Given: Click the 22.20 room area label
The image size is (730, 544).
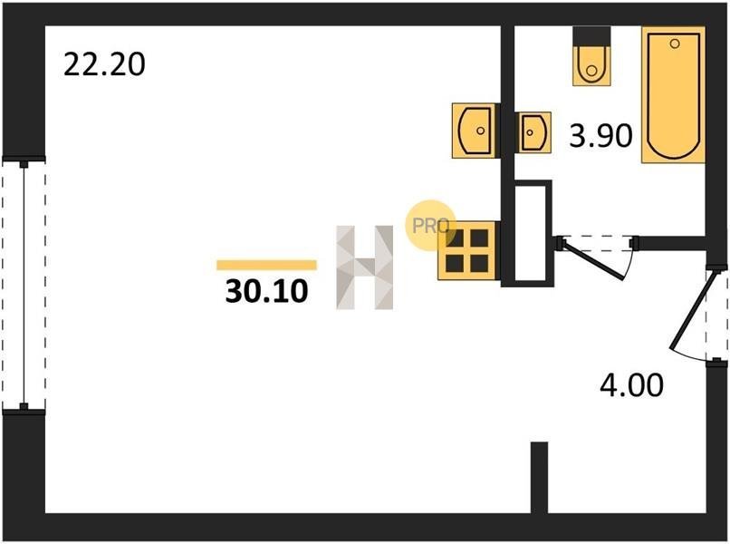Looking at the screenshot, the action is [104, 64].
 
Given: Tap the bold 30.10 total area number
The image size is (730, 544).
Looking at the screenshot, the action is [267, 291].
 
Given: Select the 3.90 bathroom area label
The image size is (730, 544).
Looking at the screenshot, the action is [601, 136].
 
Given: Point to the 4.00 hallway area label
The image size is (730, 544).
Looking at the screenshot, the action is [631, 385].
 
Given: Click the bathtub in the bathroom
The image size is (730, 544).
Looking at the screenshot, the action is [673, 94].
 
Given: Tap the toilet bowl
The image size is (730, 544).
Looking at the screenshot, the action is [591, 65].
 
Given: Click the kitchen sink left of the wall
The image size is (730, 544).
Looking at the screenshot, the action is [475, 131].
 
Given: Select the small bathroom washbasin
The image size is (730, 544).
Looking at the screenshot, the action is [534, 132].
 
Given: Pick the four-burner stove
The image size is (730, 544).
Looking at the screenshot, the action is [466, 250].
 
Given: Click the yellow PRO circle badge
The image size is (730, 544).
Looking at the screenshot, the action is [430, 226].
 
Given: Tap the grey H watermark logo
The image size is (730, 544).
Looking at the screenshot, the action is [364, 267].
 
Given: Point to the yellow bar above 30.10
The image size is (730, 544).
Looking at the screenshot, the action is [267, 266].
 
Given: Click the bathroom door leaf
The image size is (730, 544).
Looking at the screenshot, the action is [592, 259].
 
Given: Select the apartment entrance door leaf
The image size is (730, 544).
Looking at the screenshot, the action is [690, 311].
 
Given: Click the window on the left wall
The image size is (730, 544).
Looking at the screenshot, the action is [24, 286].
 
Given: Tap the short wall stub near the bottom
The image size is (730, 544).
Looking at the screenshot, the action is [539, 478].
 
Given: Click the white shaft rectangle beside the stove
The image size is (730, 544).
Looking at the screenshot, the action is [531, 233].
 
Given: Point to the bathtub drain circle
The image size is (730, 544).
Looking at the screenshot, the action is [675, 44].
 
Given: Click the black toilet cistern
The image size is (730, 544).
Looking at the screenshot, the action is [591, 36].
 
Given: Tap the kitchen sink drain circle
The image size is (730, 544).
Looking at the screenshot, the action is [480, 131].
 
